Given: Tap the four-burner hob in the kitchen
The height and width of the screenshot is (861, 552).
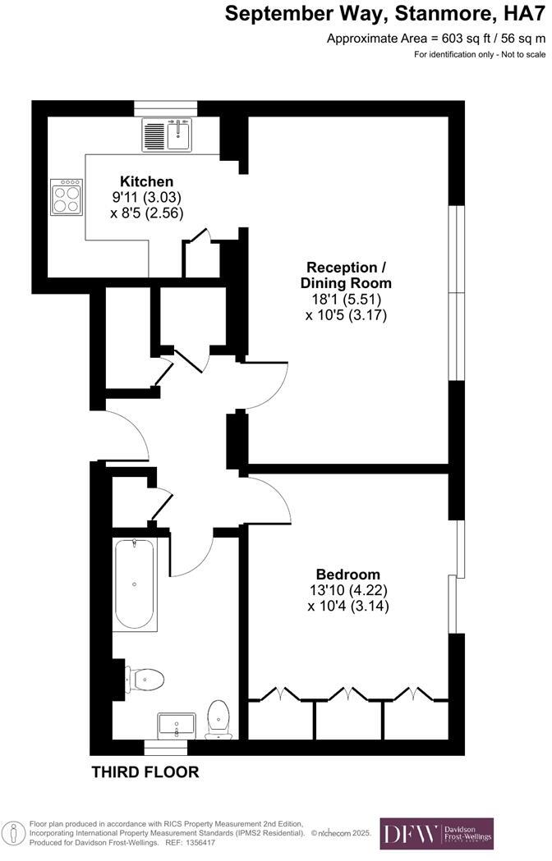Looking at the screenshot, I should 67,197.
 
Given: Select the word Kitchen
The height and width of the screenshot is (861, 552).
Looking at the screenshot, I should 147,181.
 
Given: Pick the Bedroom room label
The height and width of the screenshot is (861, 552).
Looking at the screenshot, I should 348,574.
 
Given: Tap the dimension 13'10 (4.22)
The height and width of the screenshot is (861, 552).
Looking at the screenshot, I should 348,590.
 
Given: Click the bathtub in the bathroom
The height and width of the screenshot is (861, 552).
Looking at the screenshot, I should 136,584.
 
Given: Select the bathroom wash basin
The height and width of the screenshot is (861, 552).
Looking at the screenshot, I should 176,724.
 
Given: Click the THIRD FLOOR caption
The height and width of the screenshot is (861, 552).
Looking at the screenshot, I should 145,772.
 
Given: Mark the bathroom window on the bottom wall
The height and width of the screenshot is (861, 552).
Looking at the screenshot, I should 166,748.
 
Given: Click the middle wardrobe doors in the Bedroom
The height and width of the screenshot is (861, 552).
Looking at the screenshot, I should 349,695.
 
